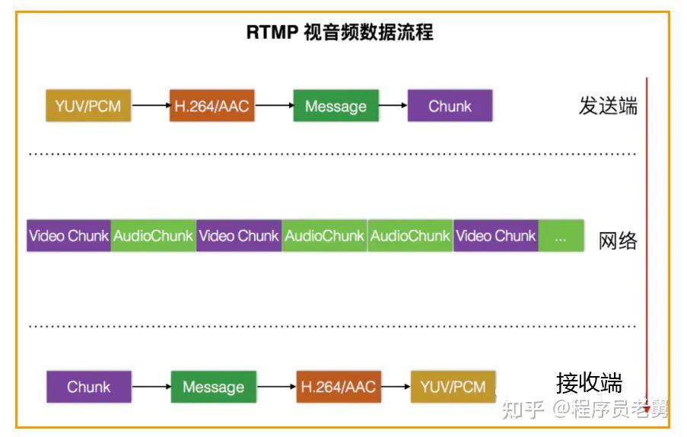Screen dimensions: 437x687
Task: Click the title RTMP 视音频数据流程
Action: click(339, 32)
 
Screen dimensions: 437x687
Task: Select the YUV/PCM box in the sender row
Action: click(88, 106)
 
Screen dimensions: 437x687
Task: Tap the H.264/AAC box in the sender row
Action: click(212, 106)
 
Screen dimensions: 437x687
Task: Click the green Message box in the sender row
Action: click(336, 106)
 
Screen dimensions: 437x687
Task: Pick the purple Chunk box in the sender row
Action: click(450, 106)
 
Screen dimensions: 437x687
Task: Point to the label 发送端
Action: click(608, 106)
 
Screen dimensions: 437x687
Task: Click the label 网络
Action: click(618, 241)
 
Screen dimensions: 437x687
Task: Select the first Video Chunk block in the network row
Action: click(68, 236)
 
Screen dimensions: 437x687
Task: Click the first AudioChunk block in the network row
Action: click(153, 236)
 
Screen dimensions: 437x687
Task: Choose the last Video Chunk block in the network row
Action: click(495, 236)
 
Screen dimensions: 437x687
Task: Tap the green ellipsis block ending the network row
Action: click(561, 236)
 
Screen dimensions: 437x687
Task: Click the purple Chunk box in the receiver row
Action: click(89, 387)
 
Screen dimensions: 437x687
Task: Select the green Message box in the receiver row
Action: click(213, 387)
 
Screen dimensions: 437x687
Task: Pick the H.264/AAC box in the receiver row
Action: click(339, 387)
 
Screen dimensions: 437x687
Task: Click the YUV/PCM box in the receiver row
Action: click(453, 387)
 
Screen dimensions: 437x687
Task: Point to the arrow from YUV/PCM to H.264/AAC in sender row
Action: click(151, 106)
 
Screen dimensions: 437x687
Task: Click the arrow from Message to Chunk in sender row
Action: click(393, 106)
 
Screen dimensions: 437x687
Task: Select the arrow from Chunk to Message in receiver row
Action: click(151, 387)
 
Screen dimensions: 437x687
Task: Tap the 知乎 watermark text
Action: click(523, 409)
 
